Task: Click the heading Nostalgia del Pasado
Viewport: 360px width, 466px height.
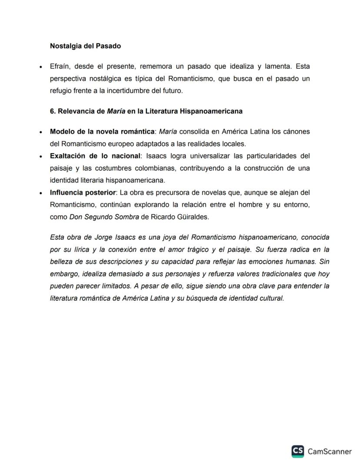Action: pos(85,45)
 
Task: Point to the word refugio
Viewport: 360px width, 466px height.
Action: pos(60,91)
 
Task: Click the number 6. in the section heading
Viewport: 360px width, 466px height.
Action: pos(53,111)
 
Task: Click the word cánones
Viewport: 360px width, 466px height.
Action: pos(297,131)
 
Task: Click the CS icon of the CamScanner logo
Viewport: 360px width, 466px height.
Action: pos(298,451)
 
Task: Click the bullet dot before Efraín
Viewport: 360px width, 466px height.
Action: pos(40,67)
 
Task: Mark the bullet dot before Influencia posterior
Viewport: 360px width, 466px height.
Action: pos(40,193)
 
